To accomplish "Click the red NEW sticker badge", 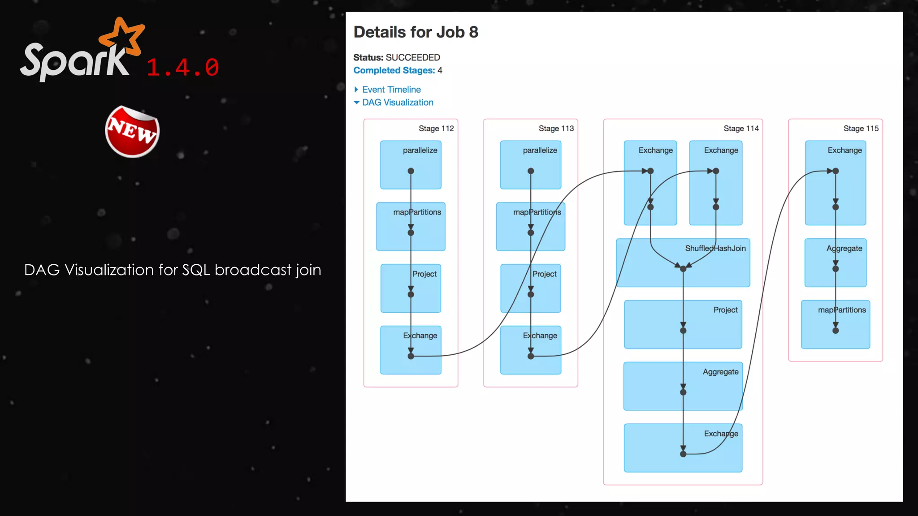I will (x=132, y=132).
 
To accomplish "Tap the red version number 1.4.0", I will (x=183, y=68).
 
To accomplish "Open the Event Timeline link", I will (x=391, y=90).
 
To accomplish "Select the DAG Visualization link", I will (x=397, y=103).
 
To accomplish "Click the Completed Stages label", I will (x=394, y=70).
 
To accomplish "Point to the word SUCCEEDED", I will (x=413, y=57).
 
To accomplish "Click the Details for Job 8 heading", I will (x=416, y=32).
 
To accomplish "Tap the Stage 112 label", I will (x=436, y=129).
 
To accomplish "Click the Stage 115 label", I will (x=861, y=129).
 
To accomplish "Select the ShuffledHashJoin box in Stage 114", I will (x=683, y=262).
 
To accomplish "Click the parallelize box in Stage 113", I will (x=530, y=165).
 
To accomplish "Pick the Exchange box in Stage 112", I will (x=411, y=350).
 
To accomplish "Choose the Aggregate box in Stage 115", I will (x=835, y=262).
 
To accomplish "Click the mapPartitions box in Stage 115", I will (x=835, y=324).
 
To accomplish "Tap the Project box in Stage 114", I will (x=683, y=324).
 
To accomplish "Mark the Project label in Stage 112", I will (x=424, y=274).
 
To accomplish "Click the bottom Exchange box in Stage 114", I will (x=683, y=448).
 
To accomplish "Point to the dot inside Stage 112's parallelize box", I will (x=411, y=171).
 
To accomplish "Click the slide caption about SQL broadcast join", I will (x=173, y=270).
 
